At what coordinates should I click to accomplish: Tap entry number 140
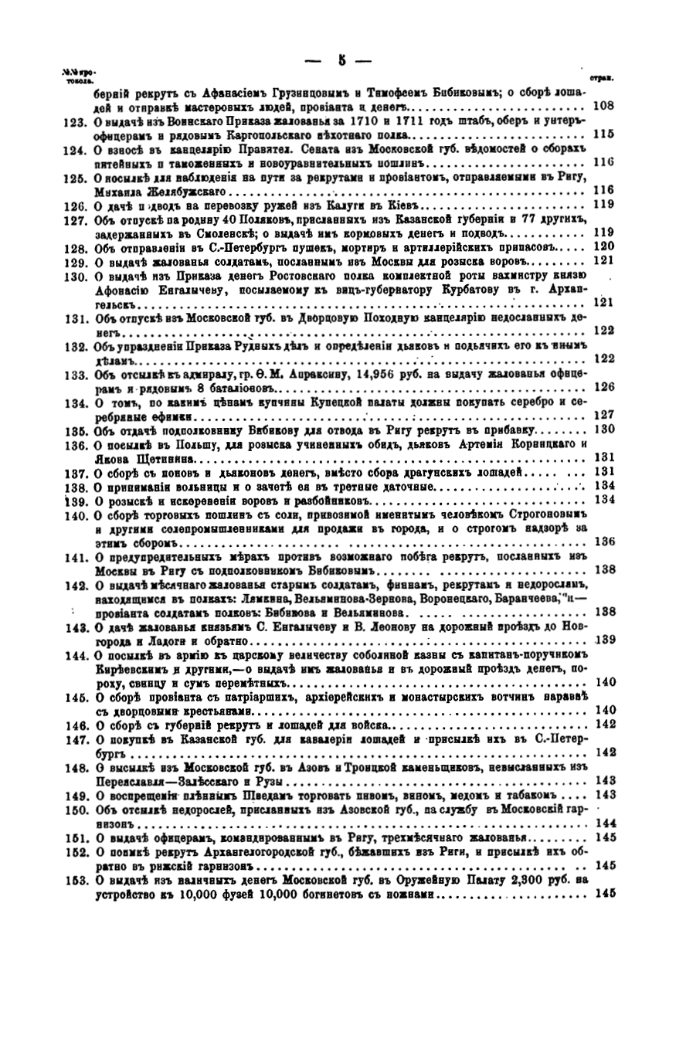pos(73,514)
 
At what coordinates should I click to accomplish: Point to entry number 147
pos(73,738)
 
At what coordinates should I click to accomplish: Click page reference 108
pos(603,107)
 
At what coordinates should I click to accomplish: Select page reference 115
pos(603,134)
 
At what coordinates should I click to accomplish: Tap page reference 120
pos(603,246)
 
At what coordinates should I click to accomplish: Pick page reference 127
pos(603,416)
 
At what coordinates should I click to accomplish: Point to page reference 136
pos(603,541)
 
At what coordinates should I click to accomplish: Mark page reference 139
pos(603,639)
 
